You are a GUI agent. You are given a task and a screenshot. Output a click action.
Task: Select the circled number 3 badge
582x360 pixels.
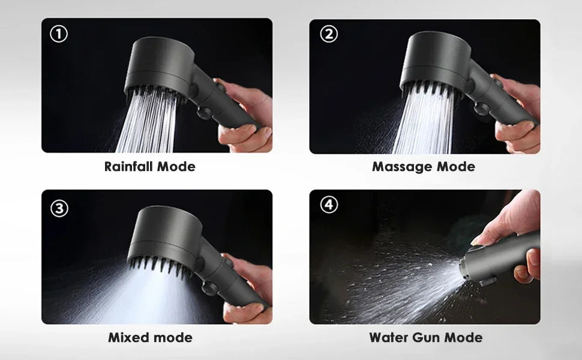[58, 208]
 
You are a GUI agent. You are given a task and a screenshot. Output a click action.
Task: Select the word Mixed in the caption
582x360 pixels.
[128, 337]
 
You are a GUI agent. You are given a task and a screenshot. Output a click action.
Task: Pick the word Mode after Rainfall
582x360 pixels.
[176, 166]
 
